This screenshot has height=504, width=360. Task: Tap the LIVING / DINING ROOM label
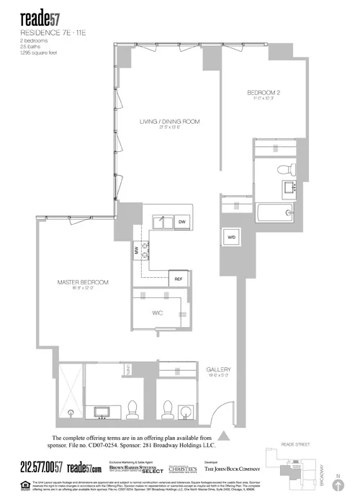coord(169,122)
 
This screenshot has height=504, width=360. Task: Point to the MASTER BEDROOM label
coord(83,281)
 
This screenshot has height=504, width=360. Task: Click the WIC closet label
coord(159,313)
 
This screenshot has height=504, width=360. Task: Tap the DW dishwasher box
coord(182,222)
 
